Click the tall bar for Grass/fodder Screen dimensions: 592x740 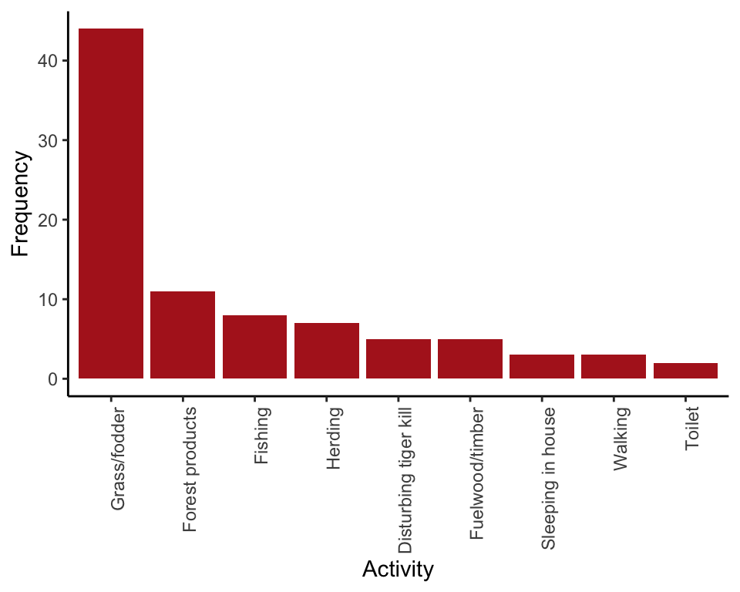tap(111, 203)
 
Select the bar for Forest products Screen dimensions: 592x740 tap(183, 335)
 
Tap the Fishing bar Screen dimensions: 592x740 tap(254, 347)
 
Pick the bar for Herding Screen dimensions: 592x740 tap(326, 351)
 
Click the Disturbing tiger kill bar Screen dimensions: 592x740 tap(398, 359)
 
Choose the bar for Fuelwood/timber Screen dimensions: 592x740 tap(470, 359)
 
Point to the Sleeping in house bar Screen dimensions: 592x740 tap(542, 367)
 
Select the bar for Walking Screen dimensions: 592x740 tap(614, 367)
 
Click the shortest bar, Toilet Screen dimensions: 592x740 tap(685, 371)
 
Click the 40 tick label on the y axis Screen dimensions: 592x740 tap(47, 61)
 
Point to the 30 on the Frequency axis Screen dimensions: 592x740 tap(47, 140)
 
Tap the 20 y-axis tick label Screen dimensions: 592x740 tap(47, 220)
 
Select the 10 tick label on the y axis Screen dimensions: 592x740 tap(47, 299)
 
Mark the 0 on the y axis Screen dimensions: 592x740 tap(52, 379)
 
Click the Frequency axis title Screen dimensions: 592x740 tap(21, 203)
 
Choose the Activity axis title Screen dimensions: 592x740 tap(398, 570)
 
